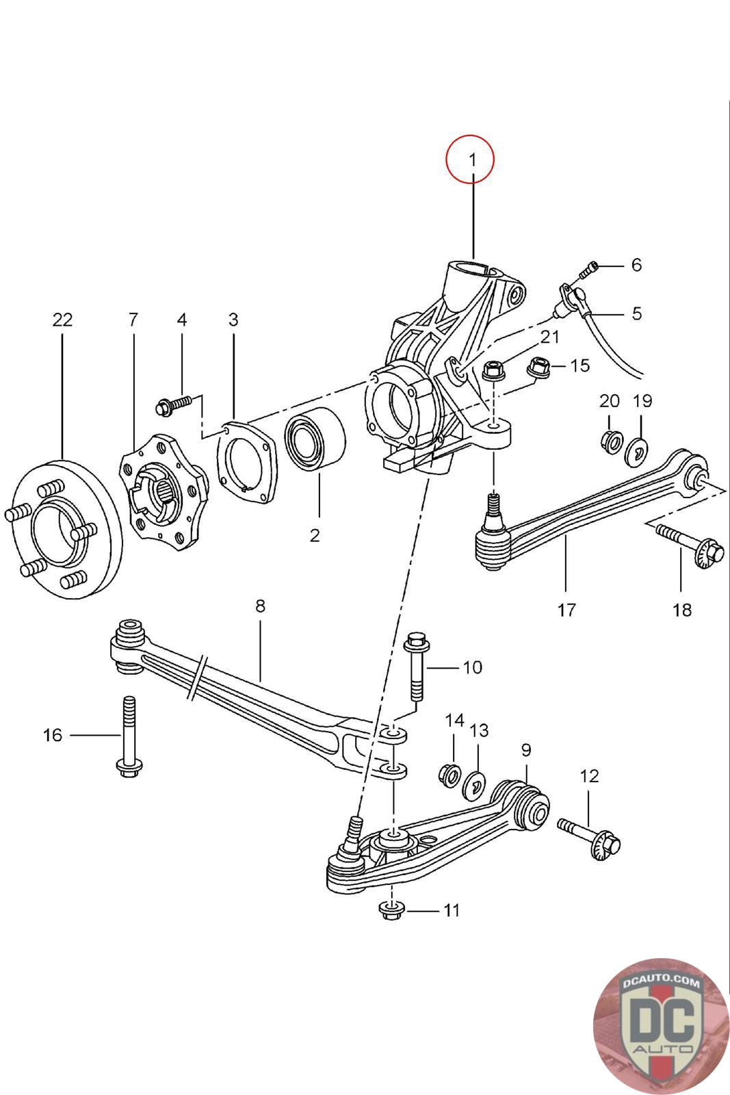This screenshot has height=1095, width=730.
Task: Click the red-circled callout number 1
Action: coord(472,159)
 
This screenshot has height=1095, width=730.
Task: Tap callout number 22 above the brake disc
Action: coord(62,320)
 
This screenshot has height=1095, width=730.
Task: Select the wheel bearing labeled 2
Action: coord(315,439)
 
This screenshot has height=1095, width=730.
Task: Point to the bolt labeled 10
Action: coord(416,668)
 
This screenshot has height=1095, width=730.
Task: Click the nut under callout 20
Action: coord(611,442)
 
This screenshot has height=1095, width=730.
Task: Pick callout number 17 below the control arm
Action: coord(566,610)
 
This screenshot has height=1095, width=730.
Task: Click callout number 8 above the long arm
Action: coord(260,606)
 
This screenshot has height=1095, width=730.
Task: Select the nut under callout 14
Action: coord(449,774)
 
